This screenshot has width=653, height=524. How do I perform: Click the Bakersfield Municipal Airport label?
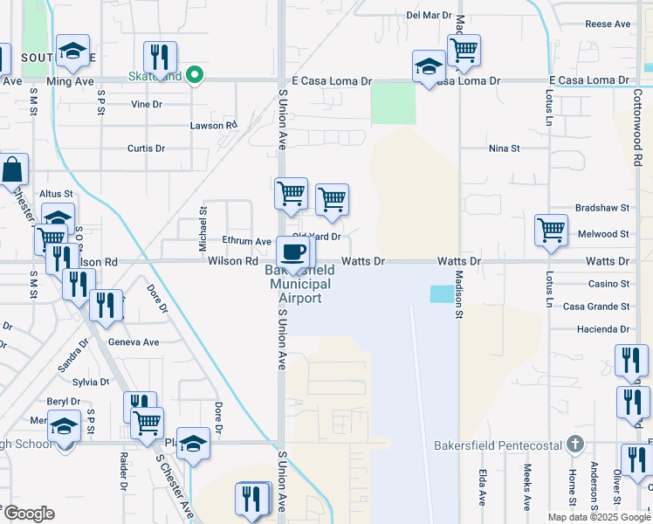tap(299, 284)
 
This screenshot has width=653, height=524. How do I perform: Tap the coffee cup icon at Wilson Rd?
tap(293, 252)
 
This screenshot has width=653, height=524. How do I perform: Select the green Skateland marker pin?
tap(196, 75)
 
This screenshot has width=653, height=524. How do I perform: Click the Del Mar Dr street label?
tap(429, 16)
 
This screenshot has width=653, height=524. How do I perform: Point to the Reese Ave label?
tap(608, 24)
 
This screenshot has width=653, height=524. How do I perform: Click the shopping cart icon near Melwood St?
tap(551, 231)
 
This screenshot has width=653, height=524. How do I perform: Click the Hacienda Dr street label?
tap(602, 329)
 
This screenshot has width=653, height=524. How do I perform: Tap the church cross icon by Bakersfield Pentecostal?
tap(574, 445)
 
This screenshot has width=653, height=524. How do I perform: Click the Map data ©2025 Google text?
tap(599, 517)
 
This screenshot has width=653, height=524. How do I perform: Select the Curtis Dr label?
tap(146, 148)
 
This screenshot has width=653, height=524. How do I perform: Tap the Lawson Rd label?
tap(214, 126)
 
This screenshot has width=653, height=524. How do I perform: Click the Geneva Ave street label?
tap(140, 342)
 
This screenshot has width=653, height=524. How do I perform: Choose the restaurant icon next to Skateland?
tap(160, 57)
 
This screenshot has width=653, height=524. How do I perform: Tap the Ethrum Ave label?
tap(246, 241)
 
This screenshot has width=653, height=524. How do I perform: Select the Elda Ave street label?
tap(482, 486)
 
